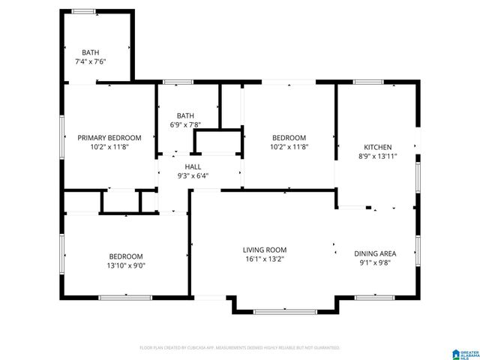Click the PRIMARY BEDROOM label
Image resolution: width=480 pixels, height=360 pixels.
point(109,138)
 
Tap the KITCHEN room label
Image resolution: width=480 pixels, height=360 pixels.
point(377,147)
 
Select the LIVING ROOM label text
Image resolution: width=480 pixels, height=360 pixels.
point(264,250)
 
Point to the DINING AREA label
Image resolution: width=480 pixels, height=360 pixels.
point(375,253)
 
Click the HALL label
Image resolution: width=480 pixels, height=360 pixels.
point(193,167)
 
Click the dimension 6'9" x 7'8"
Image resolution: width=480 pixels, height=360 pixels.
point(185,124)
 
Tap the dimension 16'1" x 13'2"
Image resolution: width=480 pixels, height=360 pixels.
point(264,259)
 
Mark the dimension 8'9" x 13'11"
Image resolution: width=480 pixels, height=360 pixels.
point(377,156)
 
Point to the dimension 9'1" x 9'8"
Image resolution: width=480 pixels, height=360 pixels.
point(375,262)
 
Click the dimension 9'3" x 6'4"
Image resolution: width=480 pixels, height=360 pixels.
point(193,176)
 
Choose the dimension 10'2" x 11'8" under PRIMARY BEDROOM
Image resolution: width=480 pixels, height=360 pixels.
point(109,147)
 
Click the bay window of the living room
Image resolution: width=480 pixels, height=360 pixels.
point(285,310)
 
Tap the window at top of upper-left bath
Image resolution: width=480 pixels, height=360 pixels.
point(83,11)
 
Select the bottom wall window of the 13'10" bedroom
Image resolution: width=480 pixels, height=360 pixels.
point(120,297)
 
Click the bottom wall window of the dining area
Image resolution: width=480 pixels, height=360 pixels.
point(375,297)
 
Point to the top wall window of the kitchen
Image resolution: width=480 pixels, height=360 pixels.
point(368,82)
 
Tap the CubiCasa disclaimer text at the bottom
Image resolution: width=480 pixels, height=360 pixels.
point(240,348)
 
